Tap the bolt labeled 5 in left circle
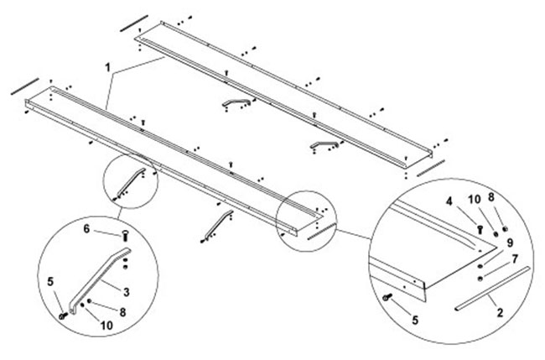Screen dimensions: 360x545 point(65,315)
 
